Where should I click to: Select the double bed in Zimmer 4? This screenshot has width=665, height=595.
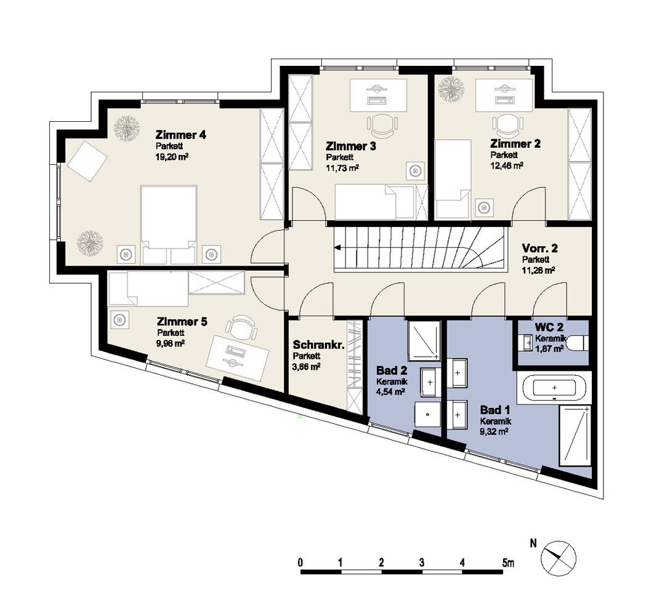click(x=169, y=224)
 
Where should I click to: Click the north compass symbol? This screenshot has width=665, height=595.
click(x=558, y=558)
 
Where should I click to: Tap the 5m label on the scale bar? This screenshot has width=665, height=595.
click(x=507, y=563)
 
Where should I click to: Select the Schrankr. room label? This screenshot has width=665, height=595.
click(x=318, y=345)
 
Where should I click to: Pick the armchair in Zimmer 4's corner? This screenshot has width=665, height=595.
click(x=87, y=161)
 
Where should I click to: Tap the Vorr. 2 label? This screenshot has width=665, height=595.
click(x=539, y=248)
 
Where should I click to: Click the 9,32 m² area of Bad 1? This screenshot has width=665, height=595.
click(x=494, y=431)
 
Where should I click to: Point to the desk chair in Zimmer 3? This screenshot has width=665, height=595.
click(x=382, y=124)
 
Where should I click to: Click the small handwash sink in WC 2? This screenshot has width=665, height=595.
click(x=526, y=343)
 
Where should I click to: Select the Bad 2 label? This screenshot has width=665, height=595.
click(x=392, y=370)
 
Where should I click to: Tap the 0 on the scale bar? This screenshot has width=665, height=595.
click(x=300, y=563)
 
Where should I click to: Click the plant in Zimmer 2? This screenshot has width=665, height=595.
click(x=451, y=89)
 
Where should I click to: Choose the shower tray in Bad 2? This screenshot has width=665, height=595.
click(x=423, y=340)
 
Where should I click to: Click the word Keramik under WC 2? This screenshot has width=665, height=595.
click(x=550, y=338)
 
